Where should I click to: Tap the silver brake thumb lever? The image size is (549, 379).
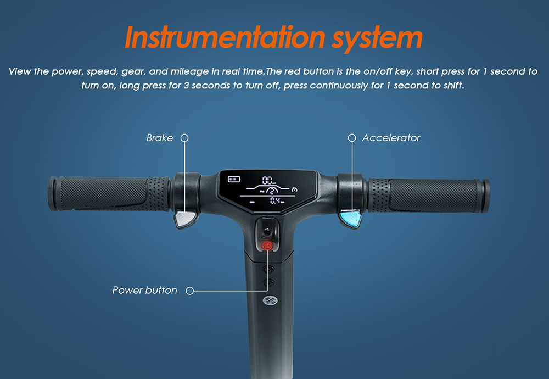click(x=185, y=219)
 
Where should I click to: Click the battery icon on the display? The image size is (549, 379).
click(x=234, y=180)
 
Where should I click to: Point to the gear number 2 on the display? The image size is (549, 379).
click(x=272, y=191)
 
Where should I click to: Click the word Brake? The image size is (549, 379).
click(x=160, y=138)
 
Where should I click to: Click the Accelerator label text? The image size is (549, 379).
click(x=391, y=138)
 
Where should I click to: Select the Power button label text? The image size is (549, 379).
click(x=144, y=291)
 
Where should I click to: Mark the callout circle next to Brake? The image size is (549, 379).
click(x=184, y=138)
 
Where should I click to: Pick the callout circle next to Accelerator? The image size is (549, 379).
click(x=352, y=138)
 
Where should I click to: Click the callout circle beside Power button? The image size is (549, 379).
click(x=190, y=291)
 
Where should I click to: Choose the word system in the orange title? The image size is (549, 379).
click(x=378, y=39)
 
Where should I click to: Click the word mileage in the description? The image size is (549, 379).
click(x=189, y=71)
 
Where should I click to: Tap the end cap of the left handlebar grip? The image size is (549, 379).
click(x=53, y=194)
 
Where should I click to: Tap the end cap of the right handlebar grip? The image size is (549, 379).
click(x=485, y=196)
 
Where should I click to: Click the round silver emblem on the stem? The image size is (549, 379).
click(x=270, y=300)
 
